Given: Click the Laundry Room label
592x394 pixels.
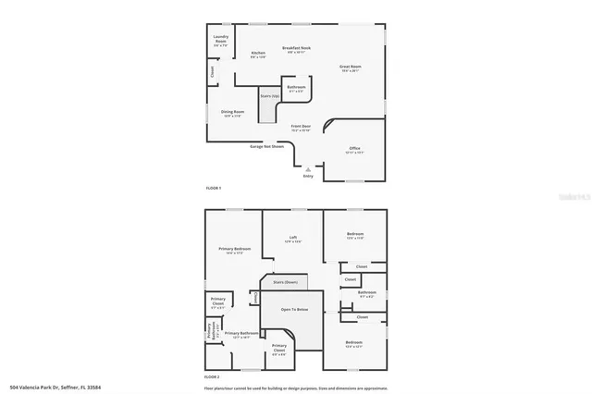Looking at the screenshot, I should point(220,40).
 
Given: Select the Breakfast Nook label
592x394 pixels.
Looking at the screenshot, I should point(297,48).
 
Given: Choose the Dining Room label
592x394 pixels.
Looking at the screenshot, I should point(232,113).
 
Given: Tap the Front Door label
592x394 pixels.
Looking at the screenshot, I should point(302,127).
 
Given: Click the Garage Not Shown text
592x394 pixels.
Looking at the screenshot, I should point(266,145).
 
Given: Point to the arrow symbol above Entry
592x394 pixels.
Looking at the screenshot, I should point(308,168).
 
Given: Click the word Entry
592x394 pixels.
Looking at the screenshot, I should point(308,177).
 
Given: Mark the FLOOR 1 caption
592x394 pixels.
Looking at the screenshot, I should point(214,188).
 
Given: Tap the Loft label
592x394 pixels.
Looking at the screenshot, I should point(292,238).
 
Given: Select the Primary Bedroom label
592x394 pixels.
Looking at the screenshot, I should point(235,250).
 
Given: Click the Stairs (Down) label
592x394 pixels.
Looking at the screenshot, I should point(285,281).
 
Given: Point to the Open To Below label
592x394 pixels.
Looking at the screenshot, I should point(294,310).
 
